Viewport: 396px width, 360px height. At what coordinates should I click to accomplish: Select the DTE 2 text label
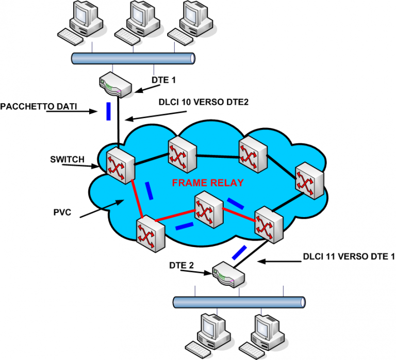tap(182, 266)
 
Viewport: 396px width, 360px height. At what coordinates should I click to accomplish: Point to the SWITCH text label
tap(67, 159)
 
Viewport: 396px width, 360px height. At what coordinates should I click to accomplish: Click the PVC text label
tap(61, 212)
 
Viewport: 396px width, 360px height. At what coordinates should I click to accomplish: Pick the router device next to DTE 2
tap(227, 275)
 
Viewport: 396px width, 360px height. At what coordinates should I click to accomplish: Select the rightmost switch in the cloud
tap(309, 181)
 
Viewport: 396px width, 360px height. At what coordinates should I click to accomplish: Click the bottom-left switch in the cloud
tap(149, 232)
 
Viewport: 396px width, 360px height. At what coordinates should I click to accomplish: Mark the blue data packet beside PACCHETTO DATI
tap(108, 111)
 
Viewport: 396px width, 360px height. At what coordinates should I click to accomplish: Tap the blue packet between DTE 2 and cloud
tap(239, 253)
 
